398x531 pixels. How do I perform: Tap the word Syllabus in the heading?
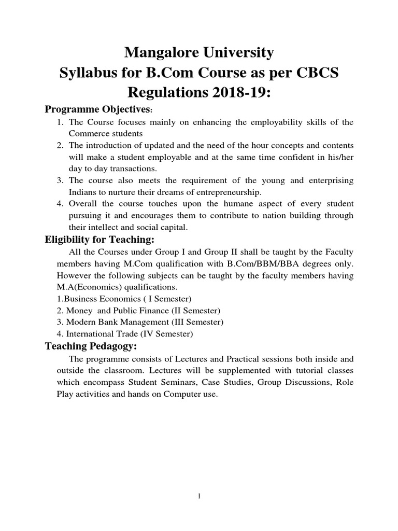90,73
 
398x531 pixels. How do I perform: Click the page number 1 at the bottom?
199,496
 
